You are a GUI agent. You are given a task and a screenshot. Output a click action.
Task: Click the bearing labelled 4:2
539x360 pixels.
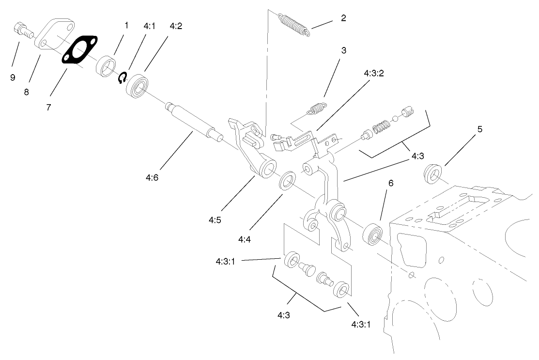137,85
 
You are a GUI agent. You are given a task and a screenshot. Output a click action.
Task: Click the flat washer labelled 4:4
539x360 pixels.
289,180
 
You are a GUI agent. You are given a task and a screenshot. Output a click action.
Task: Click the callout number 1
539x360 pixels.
126,25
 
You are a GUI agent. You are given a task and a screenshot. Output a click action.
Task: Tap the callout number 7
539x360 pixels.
48,108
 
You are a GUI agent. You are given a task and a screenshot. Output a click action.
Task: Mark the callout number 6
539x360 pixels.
391,183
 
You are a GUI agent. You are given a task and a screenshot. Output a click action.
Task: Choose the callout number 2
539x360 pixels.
343,19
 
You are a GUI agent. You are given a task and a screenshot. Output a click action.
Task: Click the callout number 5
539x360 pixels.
479,129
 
